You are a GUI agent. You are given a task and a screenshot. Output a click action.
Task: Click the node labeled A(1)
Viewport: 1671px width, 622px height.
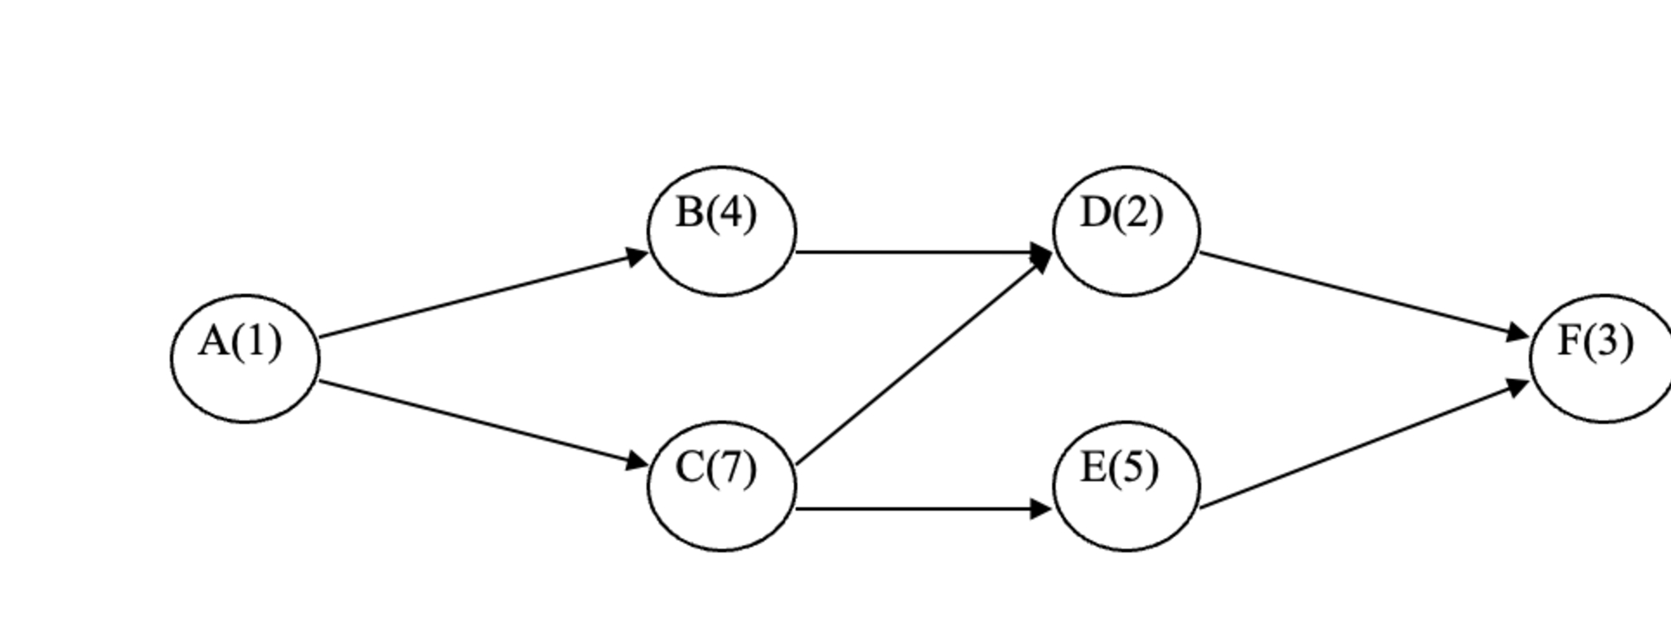[245, 358]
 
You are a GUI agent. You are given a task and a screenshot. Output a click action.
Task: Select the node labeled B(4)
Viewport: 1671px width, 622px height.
[722, 231]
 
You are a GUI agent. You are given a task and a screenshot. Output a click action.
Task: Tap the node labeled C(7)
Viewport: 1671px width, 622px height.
[722, 486]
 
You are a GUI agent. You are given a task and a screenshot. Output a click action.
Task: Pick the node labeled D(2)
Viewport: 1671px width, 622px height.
[1127, 231]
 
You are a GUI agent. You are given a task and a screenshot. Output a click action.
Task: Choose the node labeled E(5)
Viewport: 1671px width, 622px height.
[1127, 486]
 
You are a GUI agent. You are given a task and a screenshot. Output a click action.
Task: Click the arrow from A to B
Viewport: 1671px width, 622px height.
[481, 295]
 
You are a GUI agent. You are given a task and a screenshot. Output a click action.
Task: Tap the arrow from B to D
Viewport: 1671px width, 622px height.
[919, 252]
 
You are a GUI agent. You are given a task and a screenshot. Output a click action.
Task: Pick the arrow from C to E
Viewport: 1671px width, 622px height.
[919, 508]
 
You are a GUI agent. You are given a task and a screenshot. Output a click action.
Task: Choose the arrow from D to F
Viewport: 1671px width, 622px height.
[1361, 293]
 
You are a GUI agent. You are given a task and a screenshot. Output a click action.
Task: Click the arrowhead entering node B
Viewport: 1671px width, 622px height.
[637, 256]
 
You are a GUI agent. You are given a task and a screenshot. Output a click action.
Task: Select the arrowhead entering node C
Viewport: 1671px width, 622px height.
[637, 461]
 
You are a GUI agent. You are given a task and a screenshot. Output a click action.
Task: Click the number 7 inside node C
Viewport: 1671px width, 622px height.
[732, 468]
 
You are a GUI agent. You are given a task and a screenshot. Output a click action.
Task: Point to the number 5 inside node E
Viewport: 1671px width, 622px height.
[1135, 468]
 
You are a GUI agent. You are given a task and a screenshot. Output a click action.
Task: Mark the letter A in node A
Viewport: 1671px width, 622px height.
[213, 341]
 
